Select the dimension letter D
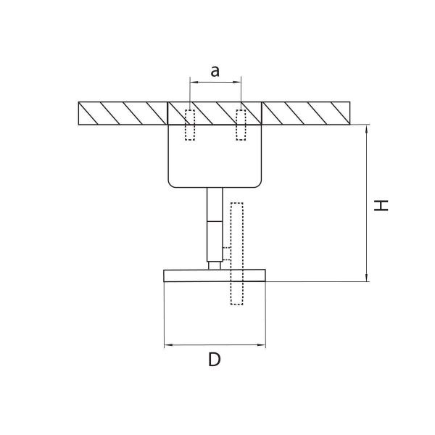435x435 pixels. point(214,360)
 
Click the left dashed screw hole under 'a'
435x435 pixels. point(191,125)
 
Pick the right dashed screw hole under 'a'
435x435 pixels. point(241,125)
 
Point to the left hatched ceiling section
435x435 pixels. point(122,112)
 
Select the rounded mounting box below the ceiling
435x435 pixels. point(214,156)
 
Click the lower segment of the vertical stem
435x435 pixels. point(214,241)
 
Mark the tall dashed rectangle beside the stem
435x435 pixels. point(236,253)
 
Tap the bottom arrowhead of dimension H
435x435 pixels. point(368,277)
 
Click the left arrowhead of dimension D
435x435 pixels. point(169,344)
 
